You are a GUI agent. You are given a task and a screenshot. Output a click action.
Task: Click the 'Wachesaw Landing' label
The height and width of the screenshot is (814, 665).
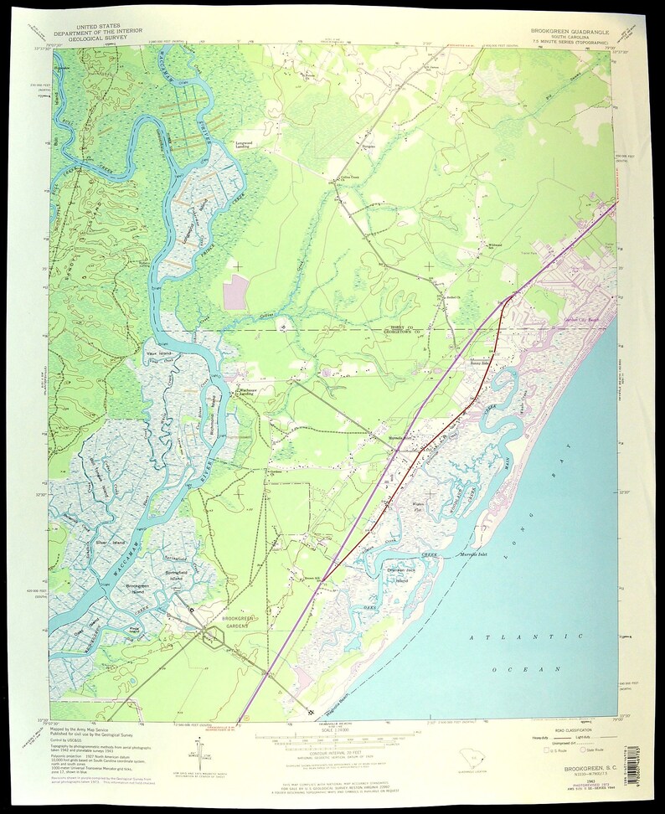pyautogui.click(x=245, y=392)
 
